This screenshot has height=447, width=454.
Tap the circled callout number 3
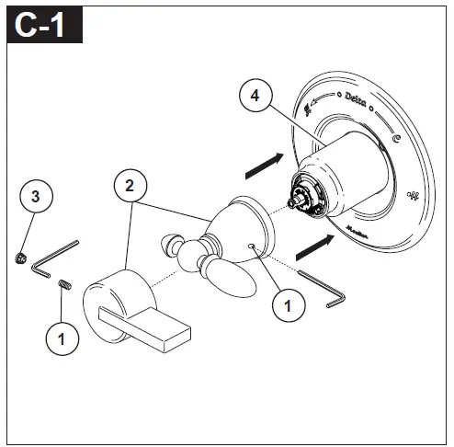coord(35,196)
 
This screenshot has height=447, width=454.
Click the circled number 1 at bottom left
coord(62,338)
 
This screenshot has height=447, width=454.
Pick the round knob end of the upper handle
coord(173,244)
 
